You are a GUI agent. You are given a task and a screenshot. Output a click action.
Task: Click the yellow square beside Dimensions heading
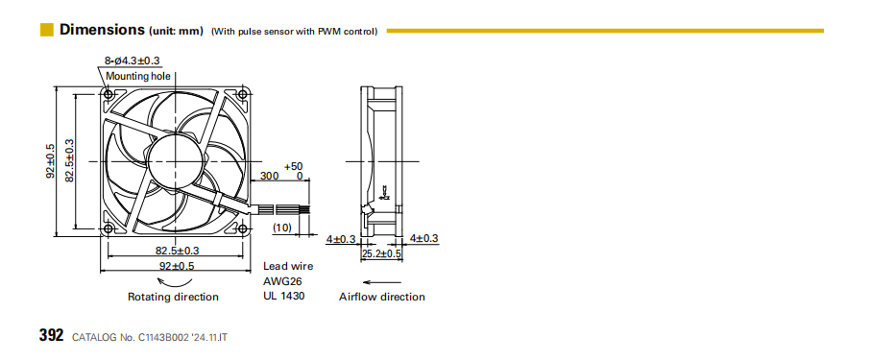click(x=47, y=30)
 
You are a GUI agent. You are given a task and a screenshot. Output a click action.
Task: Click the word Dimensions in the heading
click(x=102, y=30)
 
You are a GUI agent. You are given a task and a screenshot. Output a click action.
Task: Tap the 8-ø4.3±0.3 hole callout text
click(x=133, y=60)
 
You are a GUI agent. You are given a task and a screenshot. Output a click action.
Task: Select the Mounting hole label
click(x=138, y=76)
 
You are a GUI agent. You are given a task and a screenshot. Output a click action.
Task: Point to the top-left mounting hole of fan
click(x=109, y=94)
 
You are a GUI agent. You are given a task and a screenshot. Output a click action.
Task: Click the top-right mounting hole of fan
click(x=243, y=94)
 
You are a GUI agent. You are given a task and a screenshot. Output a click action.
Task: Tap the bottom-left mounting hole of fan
click(x=109, y=228)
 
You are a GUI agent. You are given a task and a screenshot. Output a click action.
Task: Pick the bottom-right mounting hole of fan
click(x=243, y=228)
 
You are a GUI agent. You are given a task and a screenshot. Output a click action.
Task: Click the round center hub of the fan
click(x=176, y=161)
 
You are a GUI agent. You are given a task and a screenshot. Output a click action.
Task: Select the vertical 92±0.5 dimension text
click(x=51, y=161)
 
